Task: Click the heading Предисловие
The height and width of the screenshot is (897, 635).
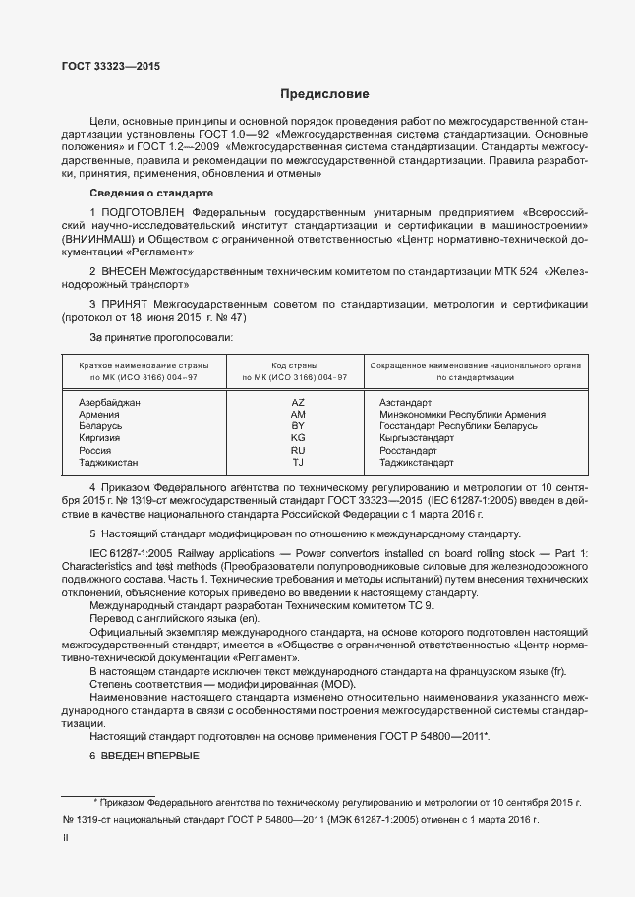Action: [x=324, y=95]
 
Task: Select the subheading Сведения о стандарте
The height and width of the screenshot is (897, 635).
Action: [x=150, y=193]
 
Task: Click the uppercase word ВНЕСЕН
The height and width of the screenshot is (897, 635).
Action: [x=122, y=271]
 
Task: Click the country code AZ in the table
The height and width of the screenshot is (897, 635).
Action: [x=299, y=403]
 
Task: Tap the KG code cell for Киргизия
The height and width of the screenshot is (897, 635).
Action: [x=299, y=438]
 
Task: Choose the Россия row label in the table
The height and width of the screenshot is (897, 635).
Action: [x=95, y=450]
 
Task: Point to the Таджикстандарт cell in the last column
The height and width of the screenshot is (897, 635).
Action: [x=416, y=462]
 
